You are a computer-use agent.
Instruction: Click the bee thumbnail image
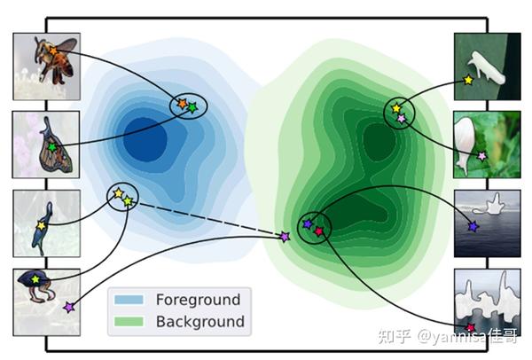point(46,67)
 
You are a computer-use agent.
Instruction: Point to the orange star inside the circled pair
point(181,104)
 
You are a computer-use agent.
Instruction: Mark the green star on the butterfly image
point(51,146)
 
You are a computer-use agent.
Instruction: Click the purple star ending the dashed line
point(285,237)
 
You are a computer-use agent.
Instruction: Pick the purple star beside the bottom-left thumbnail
point(69,307)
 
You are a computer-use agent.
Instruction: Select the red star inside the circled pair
point(319,231)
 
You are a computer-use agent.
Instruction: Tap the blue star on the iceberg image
point(473,227)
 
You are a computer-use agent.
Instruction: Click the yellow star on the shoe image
point(468,80)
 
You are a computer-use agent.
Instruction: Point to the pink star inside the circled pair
point(402,118)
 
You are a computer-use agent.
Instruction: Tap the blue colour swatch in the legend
point(129,300)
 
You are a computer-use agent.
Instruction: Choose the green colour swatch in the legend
point(129,321)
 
